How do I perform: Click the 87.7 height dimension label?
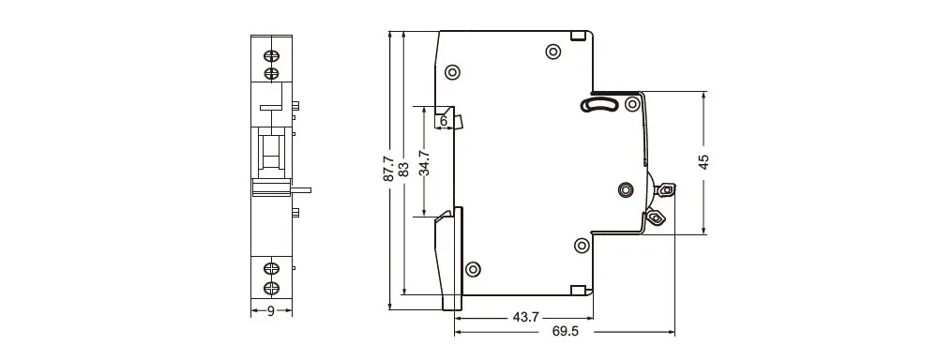[x=388, y=169]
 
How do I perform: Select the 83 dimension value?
[x=403, y=169]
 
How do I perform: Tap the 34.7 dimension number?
[x=425, y=162]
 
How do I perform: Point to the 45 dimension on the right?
[x=704, y=162]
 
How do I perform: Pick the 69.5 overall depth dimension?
[x=566, y=331]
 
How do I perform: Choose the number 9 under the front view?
[x=271, y=311]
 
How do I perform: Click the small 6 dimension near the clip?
[x=444, y=121]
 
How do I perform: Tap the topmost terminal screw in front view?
[x=272, y=55]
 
